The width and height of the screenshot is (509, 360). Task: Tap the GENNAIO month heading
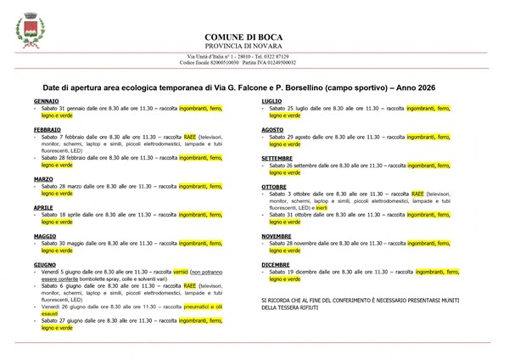click(x=46, y=101)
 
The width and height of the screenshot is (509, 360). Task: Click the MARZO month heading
click(x=43, y=179)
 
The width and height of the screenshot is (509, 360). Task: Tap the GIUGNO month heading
click(x=45, y=265)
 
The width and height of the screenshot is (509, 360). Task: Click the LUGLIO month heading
click(x=272, y=101)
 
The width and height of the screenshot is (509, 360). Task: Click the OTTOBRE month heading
click(x=274, y=186)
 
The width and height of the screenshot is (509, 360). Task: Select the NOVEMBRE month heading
click(x=277, y=235)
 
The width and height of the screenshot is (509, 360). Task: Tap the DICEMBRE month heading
click(x=276, y=264)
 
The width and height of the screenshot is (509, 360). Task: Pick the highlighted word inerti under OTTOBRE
click(x=320, y=207)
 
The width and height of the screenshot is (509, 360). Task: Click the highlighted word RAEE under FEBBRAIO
click(x=190, y=136)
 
